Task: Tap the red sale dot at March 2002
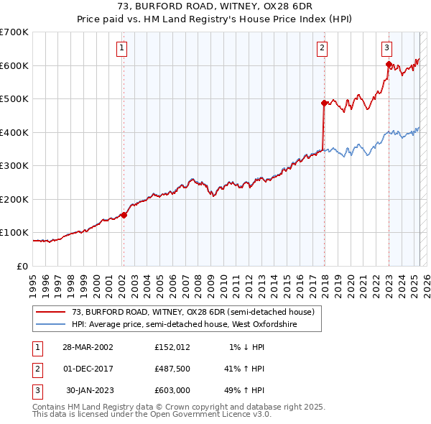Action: (124, 214)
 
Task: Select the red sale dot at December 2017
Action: (324, 103)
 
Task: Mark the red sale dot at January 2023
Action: (389, 65)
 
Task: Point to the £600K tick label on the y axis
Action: (14, 65)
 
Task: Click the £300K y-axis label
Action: (14, 165)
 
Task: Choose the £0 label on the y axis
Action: (22, 266)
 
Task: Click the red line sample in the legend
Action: (50, 313)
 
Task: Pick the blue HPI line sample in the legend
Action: (50, 325)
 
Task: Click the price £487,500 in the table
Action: (172, 369)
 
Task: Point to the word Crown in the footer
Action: (157, 406)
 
